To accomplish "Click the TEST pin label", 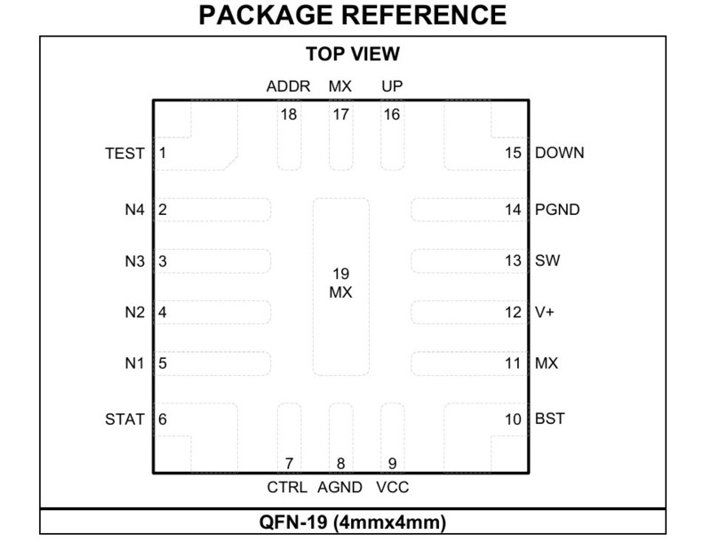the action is point(124,153).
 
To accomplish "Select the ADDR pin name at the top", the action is point(288,86).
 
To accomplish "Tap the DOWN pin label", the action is point(560,153).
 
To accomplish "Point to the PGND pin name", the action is point(557,210).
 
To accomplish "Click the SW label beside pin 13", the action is point(547,260).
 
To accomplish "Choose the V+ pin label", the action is point(545,312).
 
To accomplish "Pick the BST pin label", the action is point(550,418).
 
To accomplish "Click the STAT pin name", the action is point(124,419).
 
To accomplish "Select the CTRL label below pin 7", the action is point(287,487).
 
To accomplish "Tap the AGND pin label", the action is point(340,487).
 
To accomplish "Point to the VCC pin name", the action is point(393,487).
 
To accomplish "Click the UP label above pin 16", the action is point(392,86).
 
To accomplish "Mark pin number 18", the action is point(288,115).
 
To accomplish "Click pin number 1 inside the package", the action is point(163,153).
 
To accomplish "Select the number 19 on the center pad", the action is point(340,274).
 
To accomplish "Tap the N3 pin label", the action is point(135,261).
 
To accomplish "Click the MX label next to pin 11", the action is point(547,363).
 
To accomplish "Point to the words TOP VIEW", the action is point(353,54).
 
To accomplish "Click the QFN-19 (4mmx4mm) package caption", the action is point(352,522).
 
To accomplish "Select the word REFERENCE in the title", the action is point(424,15).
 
